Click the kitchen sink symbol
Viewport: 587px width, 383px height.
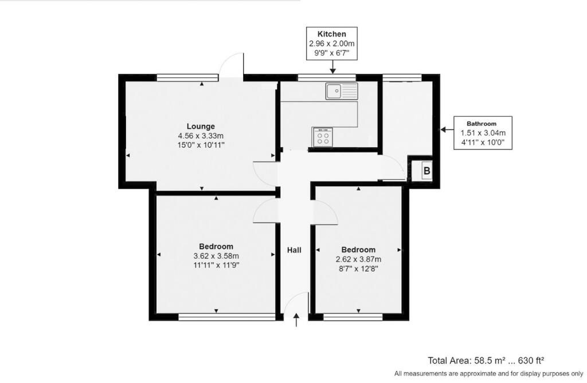click(342, 91)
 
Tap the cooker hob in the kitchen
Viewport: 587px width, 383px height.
click(322, 137)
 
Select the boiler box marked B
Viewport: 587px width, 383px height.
click(426, 171)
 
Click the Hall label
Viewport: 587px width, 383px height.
click(294, 250)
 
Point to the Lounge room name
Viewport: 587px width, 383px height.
click(201, 127)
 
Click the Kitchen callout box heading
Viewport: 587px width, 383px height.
click(332, 34)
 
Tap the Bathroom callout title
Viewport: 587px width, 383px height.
click(482, 124)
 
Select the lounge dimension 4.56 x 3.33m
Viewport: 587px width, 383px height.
click(201, 136)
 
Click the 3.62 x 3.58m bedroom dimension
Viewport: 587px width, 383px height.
click(216, 256)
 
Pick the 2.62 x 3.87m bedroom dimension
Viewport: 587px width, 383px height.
click(358, 259)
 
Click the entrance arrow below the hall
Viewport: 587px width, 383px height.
click(296, 320)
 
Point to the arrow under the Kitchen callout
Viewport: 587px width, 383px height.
click(332, 66)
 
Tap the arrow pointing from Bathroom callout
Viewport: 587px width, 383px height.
click(447, 130)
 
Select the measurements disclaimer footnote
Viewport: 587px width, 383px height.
click(488, 374)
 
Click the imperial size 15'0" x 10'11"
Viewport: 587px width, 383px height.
click(201, 145)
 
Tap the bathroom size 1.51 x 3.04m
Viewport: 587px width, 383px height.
click(483, 133)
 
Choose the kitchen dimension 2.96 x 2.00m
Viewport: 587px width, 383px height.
click(332, 44)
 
